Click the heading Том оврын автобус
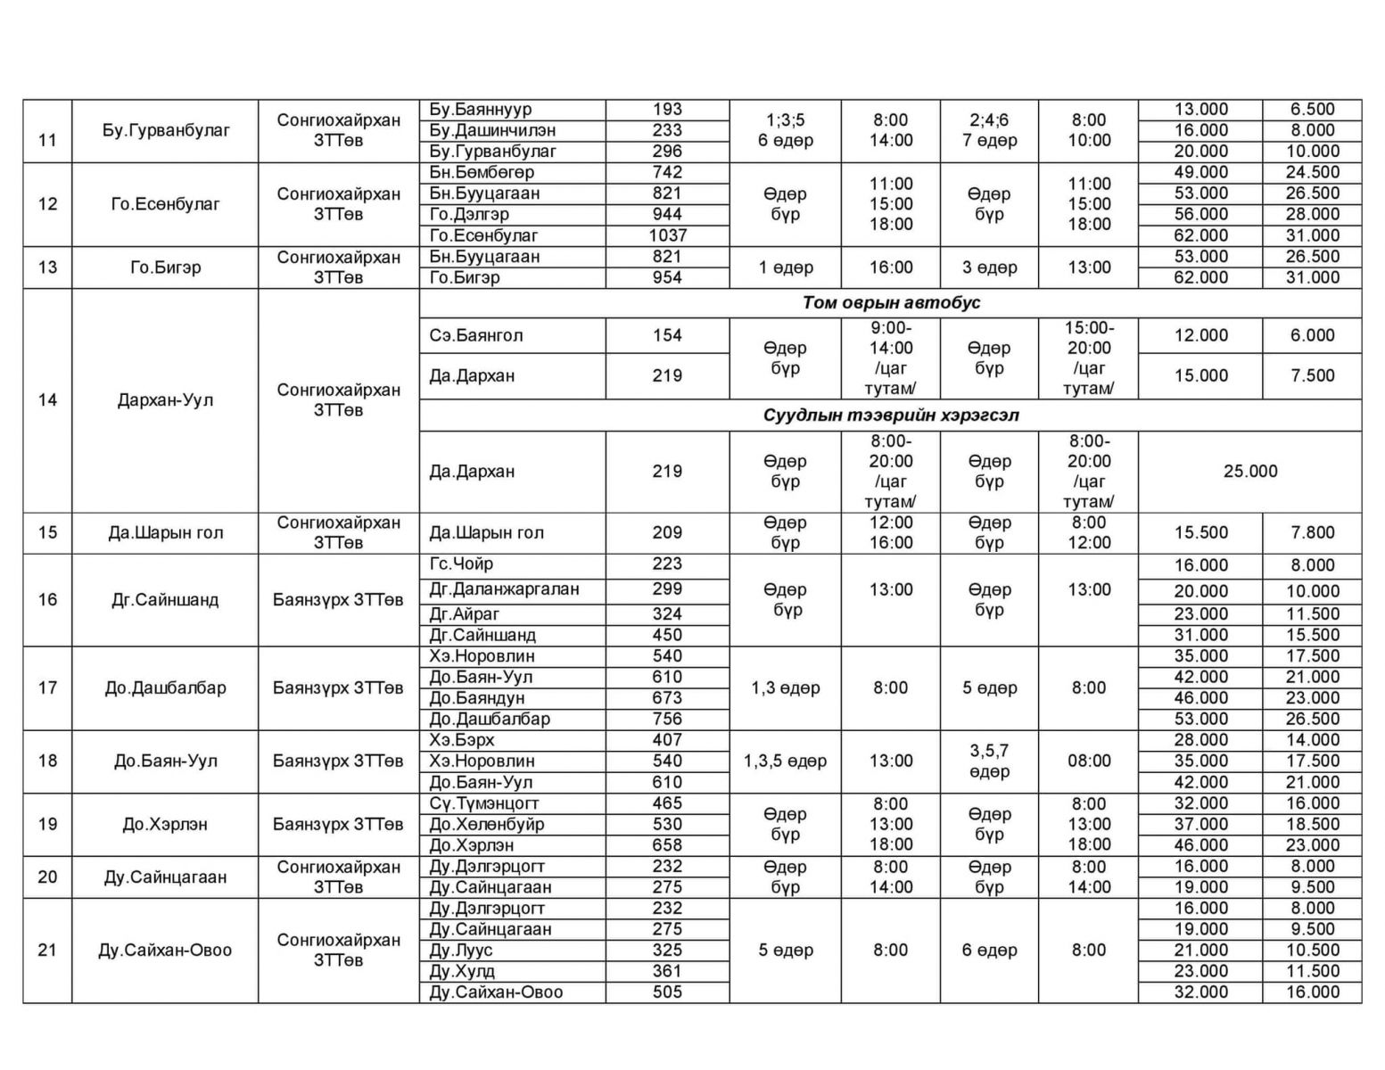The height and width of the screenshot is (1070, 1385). pyautogui.click(x=890, y=302)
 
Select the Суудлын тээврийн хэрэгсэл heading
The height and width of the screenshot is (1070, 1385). pyautogui.click(x=890, y=416)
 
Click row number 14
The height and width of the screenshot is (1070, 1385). pyautogui.click(x=47, y=399)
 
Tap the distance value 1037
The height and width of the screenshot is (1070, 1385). pyautogui.click(x=667, y=235)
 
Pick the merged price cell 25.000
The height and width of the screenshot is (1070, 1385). pyautogui.click(x=1249, y=471)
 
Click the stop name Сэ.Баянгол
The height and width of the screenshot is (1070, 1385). pyautogui.click(x=476, y=335)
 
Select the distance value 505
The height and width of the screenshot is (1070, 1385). pyautogui.click(x=667, y=992)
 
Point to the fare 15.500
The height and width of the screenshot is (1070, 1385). pyautogui.click(x=1200, y=532)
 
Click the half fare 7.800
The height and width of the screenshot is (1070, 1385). pyautogui.click(x=1312, y=532)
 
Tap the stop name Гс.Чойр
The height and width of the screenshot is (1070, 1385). pyautogui.click(x=461, y=564)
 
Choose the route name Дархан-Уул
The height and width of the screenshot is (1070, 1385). pyautogui.click(x=165, y=399)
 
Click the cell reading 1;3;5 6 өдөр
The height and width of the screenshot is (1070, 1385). pyautogui.click(x=785, y=130)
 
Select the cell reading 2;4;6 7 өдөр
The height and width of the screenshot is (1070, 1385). pyautogui.click(x=988, y=130)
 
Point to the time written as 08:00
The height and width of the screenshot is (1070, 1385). pyautogui.click(x=1089, y=761)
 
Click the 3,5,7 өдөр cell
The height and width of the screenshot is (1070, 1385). pyautogui.click(x=988, y=761)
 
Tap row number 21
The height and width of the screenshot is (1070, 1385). pyautogui.click(x=47, y=950)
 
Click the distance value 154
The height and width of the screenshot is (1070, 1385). pyautogui.click(x=667, y=335)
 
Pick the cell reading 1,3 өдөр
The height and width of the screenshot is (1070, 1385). pyautogui.click(x=785, y=687)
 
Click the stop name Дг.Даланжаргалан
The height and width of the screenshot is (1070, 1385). pyautogui.click(x=504, y=588)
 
